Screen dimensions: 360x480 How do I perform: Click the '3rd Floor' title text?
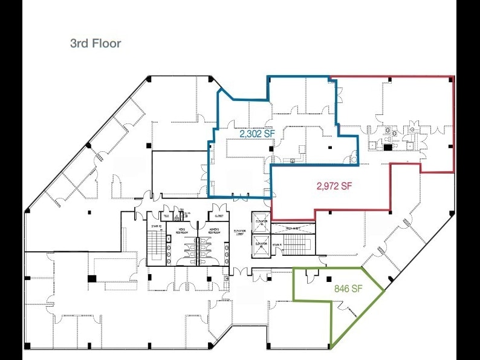pyautogui.click(x=96, y=44)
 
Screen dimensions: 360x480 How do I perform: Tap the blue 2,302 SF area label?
pyautogui.click(x=257, y=134)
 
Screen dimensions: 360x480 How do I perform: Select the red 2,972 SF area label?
pyautogui.click(x=334, y=186)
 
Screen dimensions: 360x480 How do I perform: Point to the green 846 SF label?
pyautogui.click(x=348, y=289)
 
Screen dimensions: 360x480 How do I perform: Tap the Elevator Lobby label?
pyautogui.click(x=240, y=233)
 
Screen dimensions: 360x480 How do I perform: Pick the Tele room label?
pyautogui.click(x=166, y=216)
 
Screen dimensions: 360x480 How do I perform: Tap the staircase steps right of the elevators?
pyautogui.click(x=296, y=245)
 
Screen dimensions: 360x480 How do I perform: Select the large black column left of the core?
pyautogui.click(x=92, y=278)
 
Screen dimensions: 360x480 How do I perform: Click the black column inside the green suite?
pyautogui.click(x=331, y=278)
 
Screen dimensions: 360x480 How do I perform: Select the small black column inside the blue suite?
pyautogui.click(x=329, y=148)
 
